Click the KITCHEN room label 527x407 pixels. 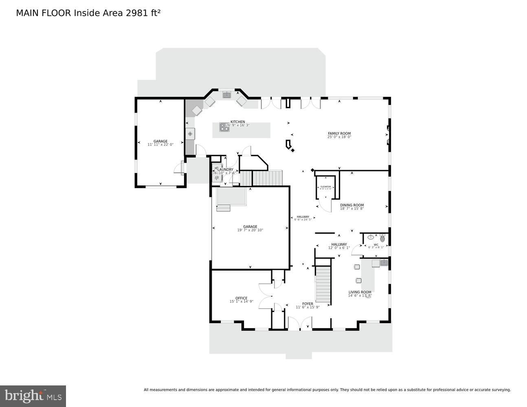click(x=237, y=122)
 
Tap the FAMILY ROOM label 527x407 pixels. click(x=339, y=133)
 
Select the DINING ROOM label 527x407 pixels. click(x=352, y=205)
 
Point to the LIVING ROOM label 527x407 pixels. click(x=360, y=292)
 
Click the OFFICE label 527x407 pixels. click(x=241, y=298)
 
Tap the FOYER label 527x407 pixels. click(x=307, y=304)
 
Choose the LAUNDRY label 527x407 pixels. click(x=225, y=169)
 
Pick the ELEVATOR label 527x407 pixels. click(x=325, y=186)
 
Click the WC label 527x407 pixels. click(x=375, y=245)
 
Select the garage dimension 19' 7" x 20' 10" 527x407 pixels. click(x=250, y=230)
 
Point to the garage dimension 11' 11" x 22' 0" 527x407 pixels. click(x=160, y=144)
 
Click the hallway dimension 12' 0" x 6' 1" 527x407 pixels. click(x=339, y=247)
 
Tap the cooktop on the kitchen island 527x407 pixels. click(x=224, y=127)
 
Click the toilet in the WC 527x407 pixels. click(x=382, y=238)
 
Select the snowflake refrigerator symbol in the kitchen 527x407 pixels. click(x=190, y=133)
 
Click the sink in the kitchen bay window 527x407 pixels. click(x=226, y=95)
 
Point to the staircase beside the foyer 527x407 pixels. click(x=323, y=284)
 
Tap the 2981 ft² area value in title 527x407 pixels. click(x=143, y=13)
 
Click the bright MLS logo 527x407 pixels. click(x=33, y=396)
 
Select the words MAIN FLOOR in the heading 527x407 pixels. click(x=44, y=13)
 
